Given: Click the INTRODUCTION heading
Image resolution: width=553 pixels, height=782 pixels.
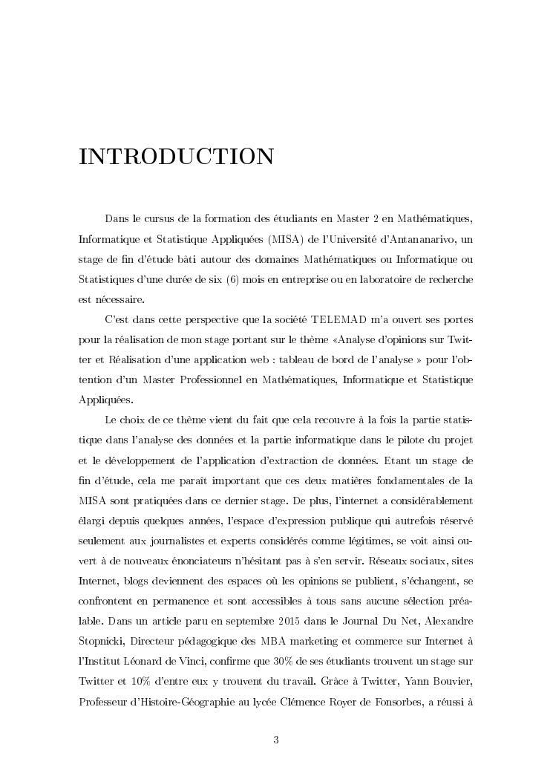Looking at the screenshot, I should [176, 157].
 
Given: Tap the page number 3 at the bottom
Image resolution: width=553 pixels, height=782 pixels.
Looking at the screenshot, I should [276, 739].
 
